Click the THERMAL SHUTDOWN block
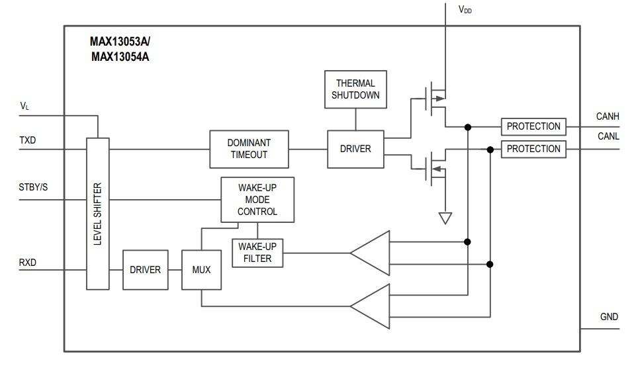355,89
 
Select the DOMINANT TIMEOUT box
249,149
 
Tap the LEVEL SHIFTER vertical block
97,214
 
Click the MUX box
201,270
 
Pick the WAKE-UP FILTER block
257,253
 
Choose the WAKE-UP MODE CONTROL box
257,200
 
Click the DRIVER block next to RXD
146,270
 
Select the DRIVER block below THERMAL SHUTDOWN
355,149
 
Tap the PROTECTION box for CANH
533,126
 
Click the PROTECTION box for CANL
533,149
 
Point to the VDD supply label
465,10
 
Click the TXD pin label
28,141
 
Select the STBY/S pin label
33,187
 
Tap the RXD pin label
28,263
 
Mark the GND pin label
609,317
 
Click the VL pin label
24,106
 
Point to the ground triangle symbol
445,218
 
